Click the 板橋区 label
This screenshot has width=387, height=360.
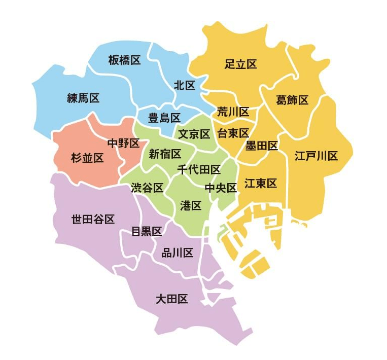pos(124,60)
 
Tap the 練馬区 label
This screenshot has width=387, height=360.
pos(83,98)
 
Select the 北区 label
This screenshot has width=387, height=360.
pos(184,85)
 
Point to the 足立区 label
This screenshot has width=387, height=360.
pos(240,64)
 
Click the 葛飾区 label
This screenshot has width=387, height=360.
pos(292,99)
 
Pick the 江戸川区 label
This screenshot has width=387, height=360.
pos(316,156)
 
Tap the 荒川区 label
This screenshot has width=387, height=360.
pos(233,112)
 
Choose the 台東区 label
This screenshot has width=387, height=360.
pos(233,133)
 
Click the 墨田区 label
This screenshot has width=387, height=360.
pos(261,146)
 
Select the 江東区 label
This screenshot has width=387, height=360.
pos(261,184)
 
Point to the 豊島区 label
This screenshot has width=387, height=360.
pos(164,118)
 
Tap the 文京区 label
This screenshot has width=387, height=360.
pos(194,134)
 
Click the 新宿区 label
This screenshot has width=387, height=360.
pos(164,154)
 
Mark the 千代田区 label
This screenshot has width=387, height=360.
pos(199,169)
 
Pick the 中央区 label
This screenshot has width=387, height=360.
pos(221,188)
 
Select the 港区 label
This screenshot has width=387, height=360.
pos(191,205)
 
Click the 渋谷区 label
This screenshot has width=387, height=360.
pos(147,188)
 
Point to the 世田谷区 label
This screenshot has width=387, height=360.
pos(93,219)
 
